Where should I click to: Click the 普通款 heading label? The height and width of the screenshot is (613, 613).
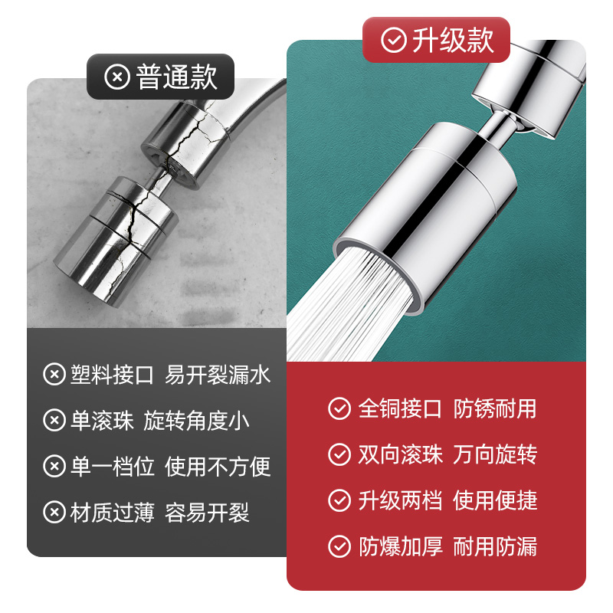pos(176,77)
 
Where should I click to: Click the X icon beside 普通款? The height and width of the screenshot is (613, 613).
pos(117,77)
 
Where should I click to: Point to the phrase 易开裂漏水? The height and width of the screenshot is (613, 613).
pos(218,375)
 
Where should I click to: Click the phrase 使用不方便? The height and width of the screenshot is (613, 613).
pos(218,467)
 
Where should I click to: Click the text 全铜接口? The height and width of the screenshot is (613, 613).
pos(400,408)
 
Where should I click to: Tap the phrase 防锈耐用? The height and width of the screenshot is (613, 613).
pos(495,408)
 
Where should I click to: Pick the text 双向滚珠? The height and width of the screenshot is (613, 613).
pos(400,454)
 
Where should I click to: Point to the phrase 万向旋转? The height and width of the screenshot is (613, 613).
pos(495,454)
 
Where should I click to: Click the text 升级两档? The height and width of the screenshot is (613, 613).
pos(400,501)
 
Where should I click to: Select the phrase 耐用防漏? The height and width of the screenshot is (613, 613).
pos(495,547)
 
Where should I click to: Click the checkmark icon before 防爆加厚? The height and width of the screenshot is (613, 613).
pos(339,547)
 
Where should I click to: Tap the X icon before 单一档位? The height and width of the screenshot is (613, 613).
pos(54,467)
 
